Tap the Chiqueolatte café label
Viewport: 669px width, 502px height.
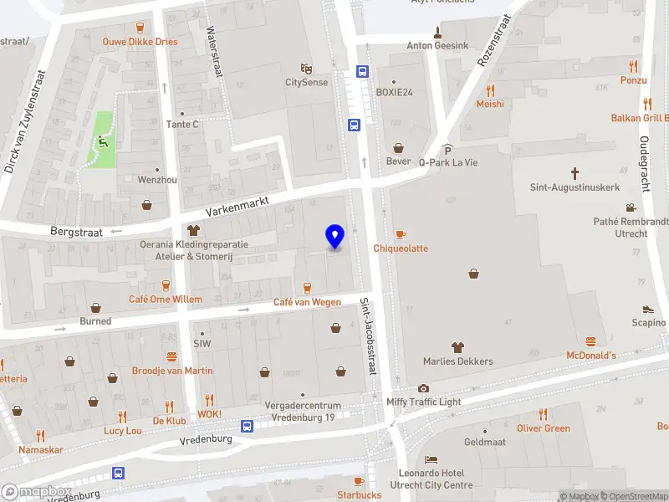(x=401, y=248)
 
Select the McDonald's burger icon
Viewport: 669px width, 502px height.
(x=591, y=341)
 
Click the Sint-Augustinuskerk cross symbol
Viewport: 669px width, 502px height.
(x=575, y=173)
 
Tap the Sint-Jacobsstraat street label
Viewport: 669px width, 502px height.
(x=368, y=337)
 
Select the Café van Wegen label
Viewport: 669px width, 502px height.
(x=308, y=302)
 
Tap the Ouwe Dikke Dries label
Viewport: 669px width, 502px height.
(x=140, y=41)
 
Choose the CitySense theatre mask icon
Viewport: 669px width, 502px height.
(x=307, y=68)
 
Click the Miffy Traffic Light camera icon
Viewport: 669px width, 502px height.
(x=424, y=388)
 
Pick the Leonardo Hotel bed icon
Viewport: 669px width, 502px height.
(x=431, y=460)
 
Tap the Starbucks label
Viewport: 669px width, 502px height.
(x=359, y=494)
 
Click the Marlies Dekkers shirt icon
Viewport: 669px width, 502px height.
(x=457, y=347)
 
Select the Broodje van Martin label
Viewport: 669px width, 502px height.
(x=172, y=371)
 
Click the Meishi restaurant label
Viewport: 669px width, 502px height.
(x=490, y=105)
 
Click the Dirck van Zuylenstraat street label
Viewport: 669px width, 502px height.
(x=24, y=121)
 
